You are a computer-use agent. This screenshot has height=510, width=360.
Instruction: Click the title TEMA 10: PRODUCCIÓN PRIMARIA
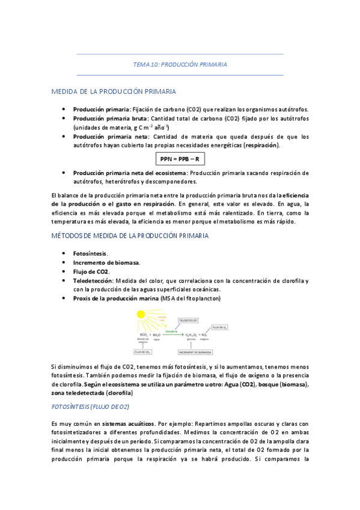[180, 64]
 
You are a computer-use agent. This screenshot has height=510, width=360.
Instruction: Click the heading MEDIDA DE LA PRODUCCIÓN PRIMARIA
[114, 91]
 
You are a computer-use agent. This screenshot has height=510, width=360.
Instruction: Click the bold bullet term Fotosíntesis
[91, 253]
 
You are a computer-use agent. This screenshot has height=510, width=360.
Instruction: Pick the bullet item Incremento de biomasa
[106, 262]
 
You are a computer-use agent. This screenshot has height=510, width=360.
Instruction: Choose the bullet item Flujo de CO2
[91, 271]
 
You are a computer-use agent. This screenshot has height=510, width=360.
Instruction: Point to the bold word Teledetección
[94, 280]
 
